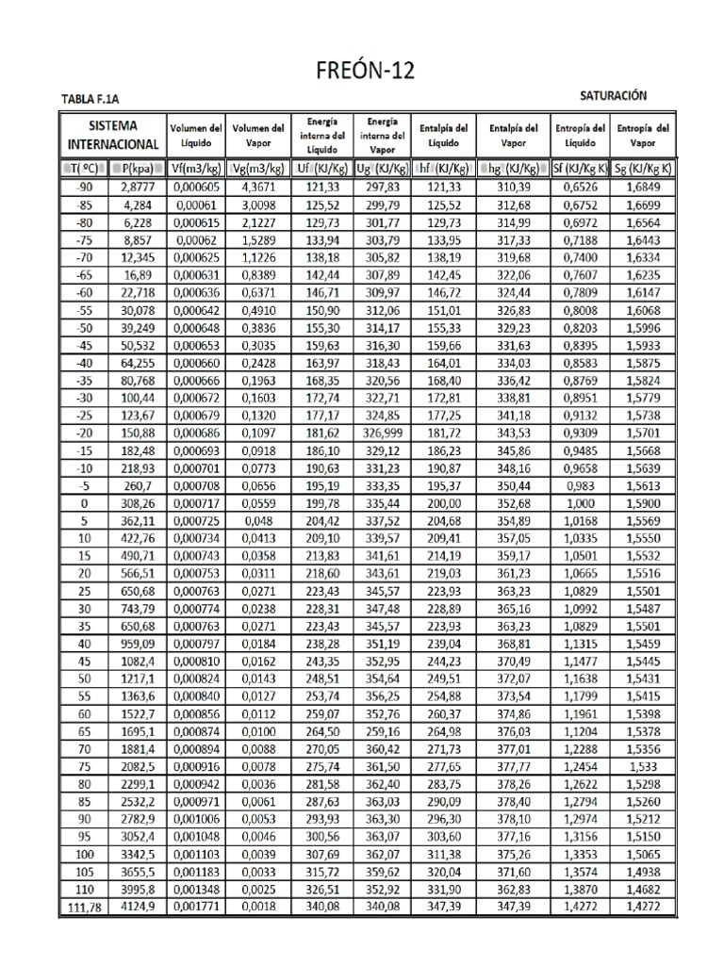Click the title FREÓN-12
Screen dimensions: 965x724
click(362, 71)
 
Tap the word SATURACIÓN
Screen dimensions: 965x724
click(613, 96)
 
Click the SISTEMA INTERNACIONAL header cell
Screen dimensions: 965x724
click(112, 135)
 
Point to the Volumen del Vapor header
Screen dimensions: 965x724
click(258, 135)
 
